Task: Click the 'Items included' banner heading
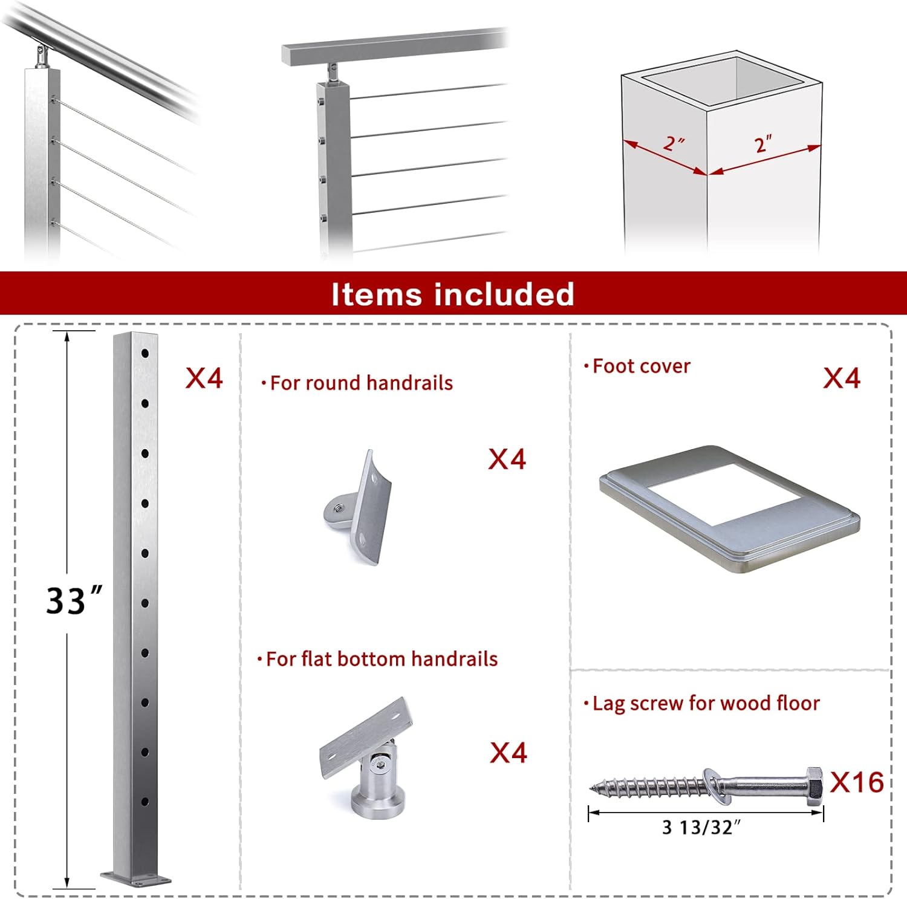tap(452, 294)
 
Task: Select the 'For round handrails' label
tap(360, 383)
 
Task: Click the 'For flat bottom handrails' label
tap(380, 659)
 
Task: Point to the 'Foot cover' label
tap(640, 366)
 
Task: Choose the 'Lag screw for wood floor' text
tap(705, 704)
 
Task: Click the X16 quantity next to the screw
tap(856, 782)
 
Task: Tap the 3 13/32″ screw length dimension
tap(701, 827)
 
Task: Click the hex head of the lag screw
tap(814, 786)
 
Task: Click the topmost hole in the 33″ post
tap(145, 353)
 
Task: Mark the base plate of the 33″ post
tap(135, 878)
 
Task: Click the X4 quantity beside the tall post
tap(204, 378)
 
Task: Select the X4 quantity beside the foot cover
tap(841, 378)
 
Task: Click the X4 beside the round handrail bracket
tap(507, 459)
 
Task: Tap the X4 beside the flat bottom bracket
tap(508, 753)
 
